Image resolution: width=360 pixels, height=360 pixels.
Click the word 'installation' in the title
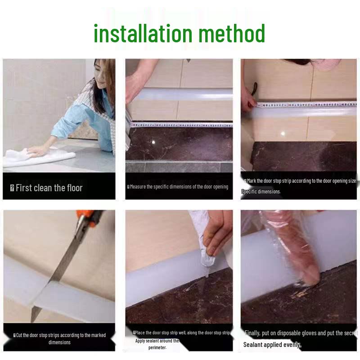[135, 34]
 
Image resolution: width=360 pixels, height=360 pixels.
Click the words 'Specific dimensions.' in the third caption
[261, 192]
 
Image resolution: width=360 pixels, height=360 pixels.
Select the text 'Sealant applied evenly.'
[272, 345]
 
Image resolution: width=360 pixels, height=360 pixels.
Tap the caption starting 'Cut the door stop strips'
[59, 338]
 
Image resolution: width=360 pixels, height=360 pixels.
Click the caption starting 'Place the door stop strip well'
[181, 333]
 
